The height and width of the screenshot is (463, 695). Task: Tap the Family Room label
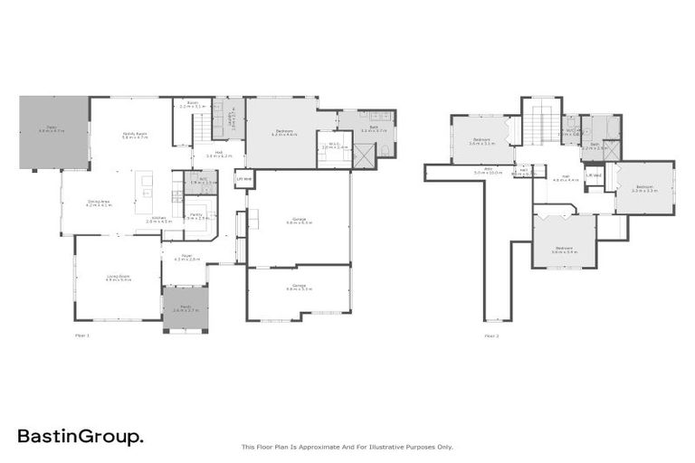coord(135,134)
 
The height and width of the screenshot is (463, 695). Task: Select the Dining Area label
coord(100,203)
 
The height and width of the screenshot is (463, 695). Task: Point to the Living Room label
coord(119,279)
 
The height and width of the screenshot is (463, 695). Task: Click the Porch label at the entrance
coord(185,307)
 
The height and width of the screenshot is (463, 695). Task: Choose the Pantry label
coord(196,216)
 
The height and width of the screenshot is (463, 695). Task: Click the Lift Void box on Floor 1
coord(243,179)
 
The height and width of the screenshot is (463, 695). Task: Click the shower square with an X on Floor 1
coord(362,156)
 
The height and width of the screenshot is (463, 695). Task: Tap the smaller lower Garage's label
coord(299,288)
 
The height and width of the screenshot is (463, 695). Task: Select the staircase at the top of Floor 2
coord(541,123)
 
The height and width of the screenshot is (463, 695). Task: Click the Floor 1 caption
coord(82,335)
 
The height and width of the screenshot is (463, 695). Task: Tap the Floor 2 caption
coord(491,335)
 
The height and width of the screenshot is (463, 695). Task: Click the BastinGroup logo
coord(79,438)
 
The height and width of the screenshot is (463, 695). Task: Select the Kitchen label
coord(158,219)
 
